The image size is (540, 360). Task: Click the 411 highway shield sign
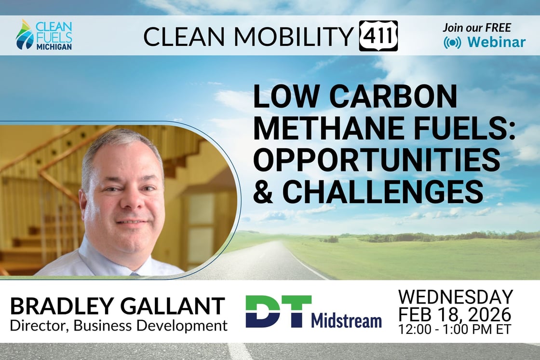[x=378, y=36]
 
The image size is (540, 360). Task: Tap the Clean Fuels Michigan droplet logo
[x=24, y=36]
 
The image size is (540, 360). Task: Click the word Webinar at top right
[x=496, y=42]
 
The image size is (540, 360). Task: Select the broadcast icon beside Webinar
[x=452, y=42]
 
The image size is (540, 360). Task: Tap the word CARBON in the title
[x=391, y=97]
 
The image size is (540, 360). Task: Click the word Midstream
[x=346, y=320]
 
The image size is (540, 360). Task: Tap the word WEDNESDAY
[x=456, y=297]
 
